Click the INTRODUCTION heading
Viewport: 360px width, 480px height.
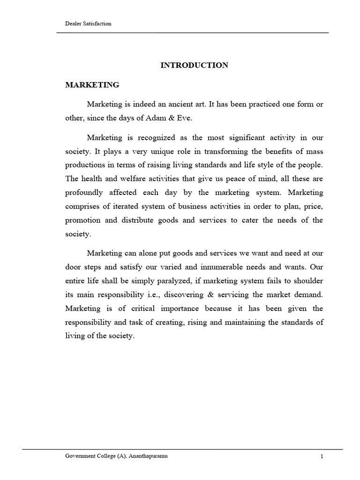tap(194, 65)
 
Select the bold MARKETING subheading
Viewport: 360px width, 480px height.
tap(92, 85)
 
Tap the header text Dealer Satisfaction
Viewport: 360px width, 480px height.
tap(88, 23)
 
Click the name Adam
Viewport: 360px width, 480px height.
tap(151, 119)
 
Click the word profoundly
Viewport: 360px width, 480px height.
tap(83, 193)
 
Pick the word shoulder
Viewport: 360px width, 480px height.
tap(308, 280)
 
